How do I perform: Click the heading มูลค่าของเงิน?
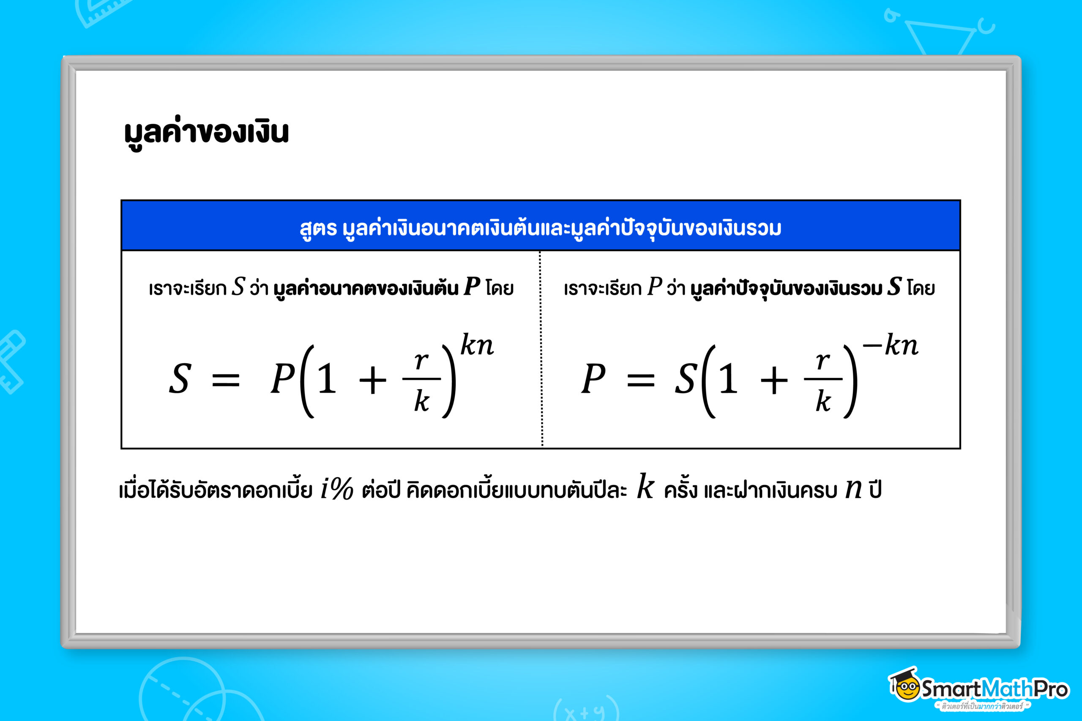pos(206,132)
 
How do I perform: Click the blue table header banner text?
pos(540,228)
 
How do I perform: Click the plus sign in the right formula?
pos(774,381)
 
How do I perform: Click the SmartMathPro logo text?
pos(994,689)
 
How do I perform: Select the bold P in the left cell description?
pos(472,287)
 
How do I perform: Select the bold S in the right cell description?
pos(894,287)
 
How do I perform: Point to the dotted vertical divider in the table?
pos(541,350)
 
